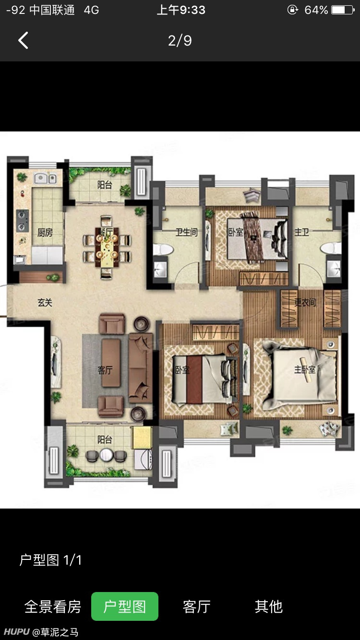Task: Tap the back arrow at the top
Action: [x=23, y=40]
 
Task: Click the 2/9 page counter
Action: [x=180, y=41]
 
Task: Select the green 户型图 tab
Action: [x=125, y=606]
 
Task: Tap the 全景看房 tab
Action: [x=53, y=606]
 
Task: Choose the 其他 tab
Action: [x=269, y=606]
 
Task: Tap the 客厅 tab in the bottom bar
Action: [x=197, y=606]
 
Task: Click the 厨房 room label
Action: [x=45, y=233]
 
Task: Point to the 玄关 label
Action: [x=45, y=303]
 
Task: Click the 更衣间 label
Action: [x=305, y=302]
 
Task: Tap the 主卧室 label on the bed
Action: [x=305, y=370]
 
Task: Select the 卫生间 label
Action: [x=186, y=232]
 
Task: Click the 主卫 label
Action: [x=301, y=232]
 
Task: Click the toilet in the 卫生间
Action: [x=163, y=249]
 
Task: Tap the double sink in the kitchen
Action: [x=45, y=179]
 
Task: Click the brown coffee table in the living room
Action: [x=111, y=363]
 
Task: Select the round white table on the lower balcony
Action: [x=107, y=455]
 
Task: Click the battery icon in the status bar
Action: [x=343, y=10]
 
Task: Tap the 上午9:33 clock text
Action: [x=181, y=10]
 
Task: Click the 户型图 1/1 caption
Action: [x=50, y=560]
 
